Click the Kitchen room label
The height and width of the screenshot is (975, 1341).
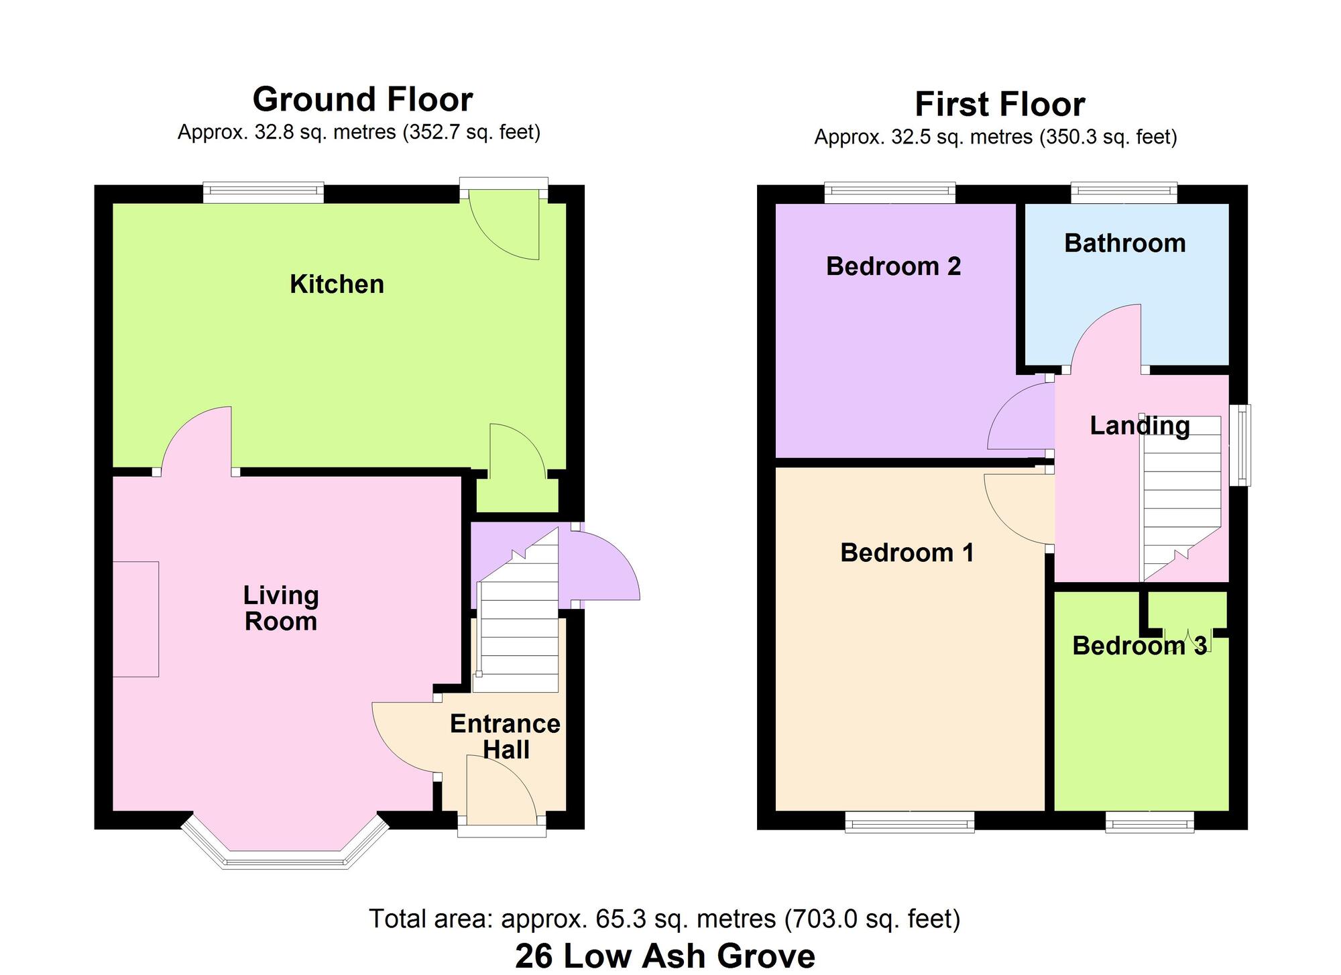pos(337,284)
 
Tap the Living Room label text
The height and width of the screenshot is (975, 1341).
pos(280,608)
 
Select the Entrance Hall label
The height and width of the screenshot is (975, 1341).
pos(505,736)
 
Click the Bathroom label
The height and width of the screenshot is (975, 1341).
pos(1124,243)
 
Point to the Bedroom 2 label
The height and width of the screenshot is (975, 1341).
pos(893,266)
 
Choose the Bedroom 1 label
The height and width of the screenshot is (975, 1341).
pos(907,553)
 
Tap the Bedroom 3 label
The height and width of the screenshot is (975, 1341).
pos(1139,646)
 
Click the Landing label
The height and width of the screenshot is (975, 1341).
pos(1139,426)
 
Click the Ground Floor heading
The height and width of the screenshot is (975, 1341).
pos(362,99)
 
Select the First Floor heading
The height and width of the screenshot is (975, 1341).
pos(999,105)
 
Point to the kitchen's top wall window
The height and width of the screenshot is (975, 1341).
pos(264,192)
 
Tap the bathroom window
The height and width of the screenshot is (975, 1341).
pos(1124,192)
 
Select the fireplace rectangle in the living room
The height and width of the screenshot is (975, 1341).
pos(135,619)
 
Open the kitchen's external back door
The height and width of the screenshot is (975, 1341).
pos(504,225)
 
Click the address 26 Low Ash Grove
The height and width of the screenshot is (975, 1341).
pos(664,956)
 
